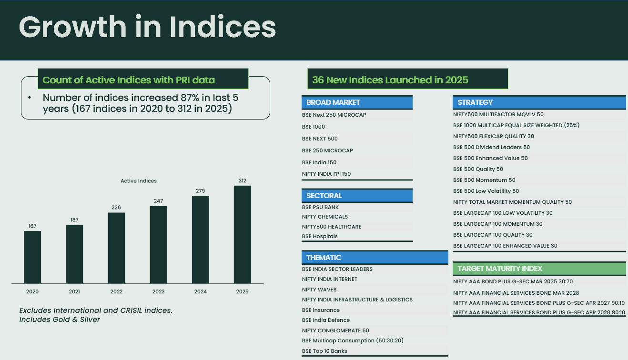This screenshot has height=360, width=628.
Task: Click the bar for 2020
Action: pos(32,257)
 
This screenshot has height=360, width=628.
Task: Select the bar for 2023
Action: pos(158,245)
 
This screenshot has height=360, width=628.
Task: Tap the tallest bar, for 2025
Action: pos(242,234)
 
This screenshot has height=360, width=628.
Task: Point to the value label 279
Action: pos(200,191)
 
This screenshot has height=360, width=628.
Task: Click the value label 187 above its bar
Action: pos(74,220)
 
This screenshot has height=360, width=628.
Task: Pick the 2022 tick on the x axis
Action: pos(116,291)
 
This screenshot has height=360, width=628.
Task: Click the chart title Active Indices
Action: pos(139,181)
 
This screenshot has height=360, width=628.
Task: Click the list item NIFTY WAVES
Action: pos(319,290)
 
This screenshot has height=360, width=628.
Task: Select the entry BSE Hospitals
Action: pos(320,236)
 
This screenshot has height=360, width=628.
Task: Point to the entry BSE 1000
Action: pos(314,127)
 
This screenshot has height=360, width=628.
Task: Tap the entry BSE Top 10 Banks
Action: pos(324,351)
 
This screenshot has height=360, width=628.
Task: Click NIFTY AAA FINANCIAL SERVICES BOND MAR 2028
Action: pos(516,293)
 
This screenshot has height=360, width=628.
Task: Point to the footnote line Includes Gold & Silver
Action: pos(60,320)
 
